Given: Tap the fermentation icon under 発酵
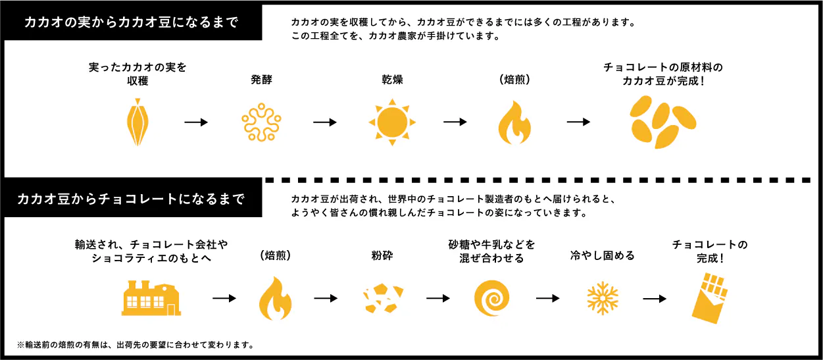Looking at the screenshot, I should click(261, 122).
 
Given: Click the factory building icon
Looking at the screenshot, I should click(151, 297).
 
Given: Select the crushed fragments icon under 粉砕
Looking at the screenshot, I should click(383, 298).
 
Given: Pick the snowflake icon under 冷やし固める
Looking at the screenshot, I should click(601, 298).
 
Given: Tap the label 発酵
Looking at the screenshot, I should click(261, 80).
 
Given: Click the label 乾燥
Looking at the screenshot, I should click(392, 80).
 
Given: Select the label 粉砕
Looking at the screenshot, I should click(382, 255).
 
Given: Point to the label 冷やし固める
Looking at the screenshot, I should click(602, 255).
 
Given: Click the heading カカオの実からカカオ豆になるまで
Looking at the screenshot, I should click(130, 22).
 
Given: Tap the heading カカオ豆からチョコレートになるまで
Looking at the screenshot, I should click(131, 198).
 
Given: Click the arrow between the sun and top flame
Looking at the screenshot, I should click(455, 122).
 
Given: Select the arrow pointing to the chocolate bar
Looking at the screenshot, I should click(654, 298).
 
